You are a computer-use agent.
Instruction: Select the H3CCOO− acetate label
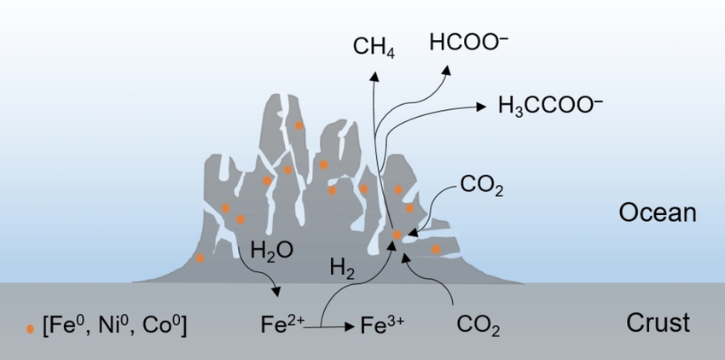click(x=550, y=106)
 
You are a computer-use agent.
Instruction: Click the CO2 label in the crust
click(x=478, y=325)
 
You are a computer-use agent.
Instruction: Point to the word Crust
click(x=658, y=323)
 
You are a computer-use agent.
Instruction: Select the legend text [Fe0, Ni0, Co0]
click(x=114, y=325)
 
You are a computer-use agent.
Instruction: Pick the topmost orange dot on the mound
click(x=299, y=125)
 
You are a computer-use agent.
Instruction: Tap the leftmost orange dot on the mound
click(x=200, y=258)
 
